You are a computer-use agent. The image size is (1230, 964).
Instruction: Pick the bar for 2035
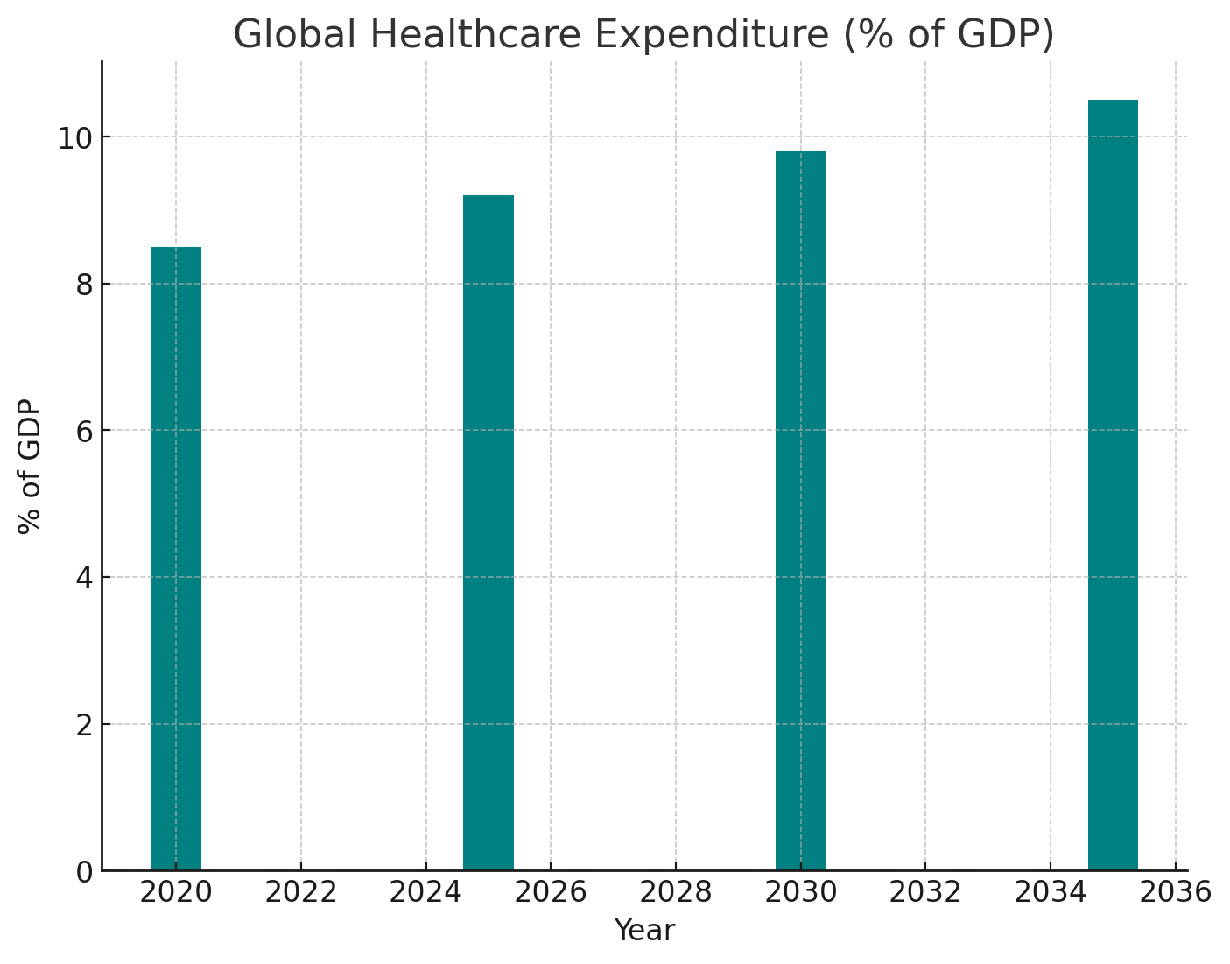(x=1113, y=485)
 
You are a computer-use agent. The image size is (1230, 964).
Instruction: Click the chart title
(x=643, y=35)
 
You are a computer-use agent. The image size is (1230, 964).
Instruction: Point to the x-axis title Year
(x=644, y=931)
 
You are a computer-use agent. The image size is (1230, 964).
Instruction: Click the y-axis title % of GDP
(x=30, y=466)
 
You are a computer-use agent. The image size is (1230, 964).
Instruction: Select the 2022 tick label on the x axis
(x=300, y=893)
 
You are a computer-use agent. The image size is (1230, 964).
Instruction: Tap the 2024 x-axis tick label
(x=425, y=893)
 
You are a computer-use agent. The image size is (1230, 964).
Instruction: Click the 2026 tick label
(x=551, y=893)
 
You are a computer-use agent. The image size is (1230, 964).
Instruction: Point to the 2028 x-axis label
(x=676, y=893)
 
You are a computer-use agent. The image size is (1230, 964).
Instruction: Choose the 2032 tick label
(x=925, y=893)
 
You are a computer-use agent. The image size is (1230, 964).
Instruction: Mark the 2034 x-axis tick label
(x=1051, y=893)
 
